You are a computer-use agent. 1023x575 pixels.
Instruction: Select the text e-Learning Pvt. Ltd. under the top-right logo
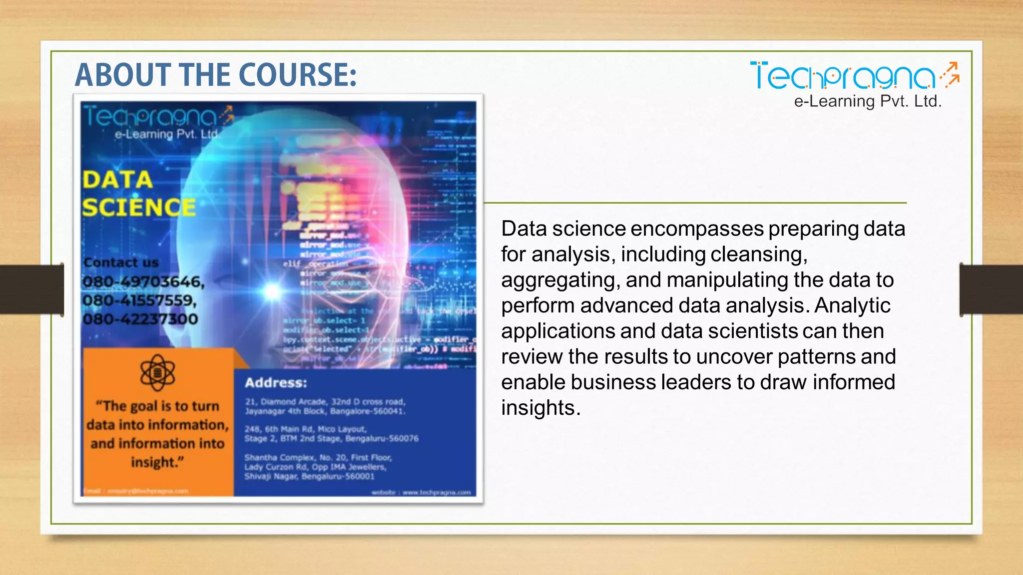868,101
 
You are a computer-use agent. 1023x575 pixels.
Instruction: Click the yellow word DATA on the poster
117,180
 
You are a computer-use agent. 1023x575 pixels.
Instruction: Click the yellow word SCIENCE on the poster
139,207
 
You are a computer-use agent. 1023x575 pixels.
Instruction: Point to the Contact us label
121,263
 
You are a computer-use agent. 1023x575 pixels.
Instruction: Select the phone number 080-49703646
143,282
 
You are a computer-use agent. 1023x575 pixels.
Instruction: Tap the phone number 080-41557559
139,300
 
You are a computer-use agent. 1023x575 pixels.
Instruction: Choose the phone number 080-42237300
140,319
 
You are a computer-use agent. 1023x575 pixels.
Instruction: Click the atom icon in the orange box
157,372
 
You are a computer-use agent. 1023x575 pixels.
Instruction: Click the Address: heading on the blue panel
276,383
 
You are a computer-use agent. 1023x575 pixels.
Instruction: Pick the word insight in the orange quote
154,462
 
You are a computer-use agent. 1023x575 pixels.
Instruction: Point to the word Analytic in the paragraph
852,305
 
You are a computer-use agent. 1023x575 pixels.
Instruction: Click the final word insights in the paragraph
540,408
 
